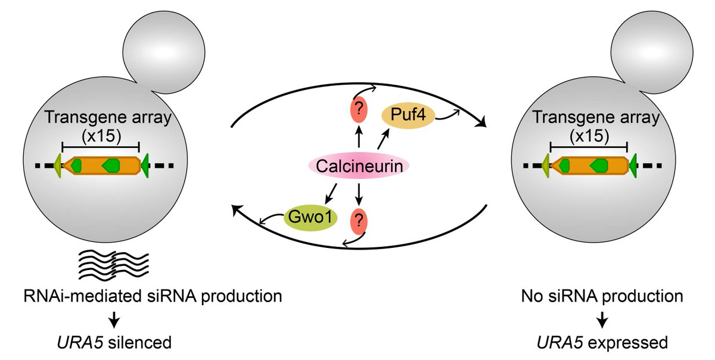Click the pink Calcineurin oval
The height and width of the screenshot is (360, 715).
click(x=359, y=166)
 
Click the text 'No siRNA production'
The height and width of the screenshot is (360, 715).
click(x=602, y=294)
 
